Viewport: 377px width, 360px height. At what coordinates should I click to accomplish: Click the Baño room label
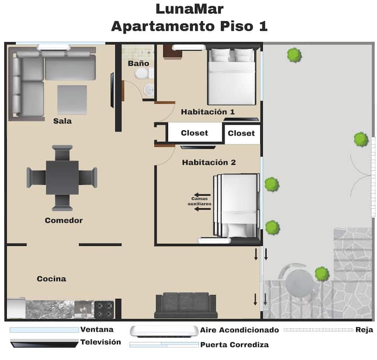tap(138, 63)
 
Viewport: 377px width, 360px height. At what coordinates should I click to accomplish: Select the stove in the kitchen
tap(104, 310)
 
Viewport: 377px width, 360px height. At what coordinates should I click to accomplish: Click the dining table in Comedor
tap(62, 177)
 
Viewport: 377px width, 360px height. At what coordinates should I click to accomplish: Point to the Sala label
tap(62, 121)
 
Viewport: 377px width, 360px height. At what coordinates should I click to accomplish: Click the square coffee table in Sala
tap(72, 99)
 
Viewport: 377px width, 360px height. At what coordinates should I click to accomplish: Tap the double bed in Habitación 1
tap(231, 76)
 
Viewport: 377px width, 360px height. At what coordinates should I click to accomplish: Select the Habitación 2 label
tap(209, 162)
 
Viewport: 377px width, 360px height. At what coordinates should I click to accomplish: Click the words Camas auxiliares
tap(199, 201)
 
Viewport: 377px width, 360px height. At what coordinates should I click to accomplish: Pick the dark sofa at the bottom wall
tap(186, 305)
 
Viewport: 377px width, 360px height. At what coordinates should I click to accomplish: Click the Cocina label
tap(51, 279)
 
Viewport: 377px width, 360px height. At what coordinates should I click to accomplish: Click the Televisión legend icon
tap(45, 343)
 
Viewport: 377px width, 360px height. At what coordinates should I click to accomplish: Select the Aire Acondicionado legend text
tap(239, 330)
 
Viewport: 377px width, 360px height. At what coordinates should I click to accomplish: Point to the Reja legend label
tap(364, 330)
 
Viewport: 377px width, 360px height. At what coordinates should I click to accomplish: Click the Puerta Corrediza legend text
tap(235, 345)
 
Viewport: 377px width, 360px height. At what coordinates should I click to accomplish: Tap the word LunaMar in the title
tap(190, 9)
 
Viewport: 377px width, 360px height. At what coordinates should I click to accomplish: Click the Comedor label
tap(64, 220)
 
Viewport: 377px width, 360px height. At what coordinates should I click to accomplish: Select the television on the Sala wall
tap(112, 90)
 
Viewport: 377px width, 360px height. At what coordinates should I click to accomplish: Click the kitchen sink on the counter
tap(84, 309)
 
